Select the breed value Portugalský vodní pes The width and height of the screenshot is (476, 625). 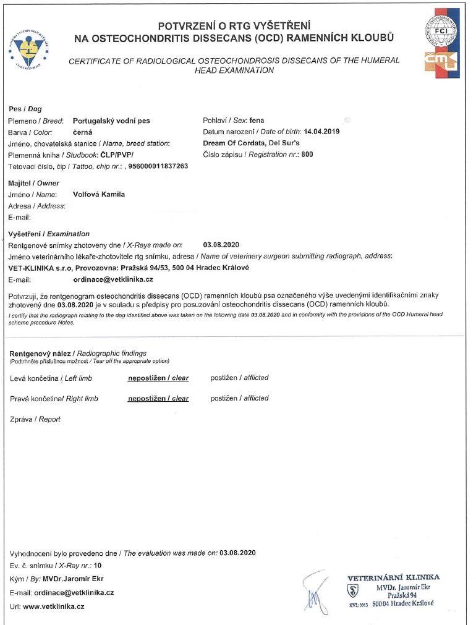coord(111,121)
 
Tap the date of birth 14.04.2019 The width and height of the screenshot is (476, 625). coord(322,132)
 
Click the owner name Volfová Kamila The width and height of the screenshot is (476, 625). coord(99,194)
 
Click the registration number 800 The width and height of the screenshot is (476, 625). coord(307,155)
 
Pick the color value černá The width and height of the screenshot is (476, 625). coord(83,132)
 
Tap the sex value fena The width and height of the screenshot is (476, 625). coord(256,121)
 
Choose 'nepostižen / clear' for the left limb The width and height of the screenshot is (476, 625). coord(158,378)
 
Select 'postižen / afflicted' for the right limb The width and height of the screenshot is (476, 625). coord(239,399)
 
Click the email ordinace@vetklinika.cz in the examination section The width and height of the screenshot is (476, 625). coord(117,280)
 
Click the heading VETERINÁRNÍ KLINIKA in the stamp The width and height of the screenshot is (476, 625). coord(393,577)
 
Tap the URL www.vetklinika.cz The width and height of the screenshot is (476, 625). coord(54,606)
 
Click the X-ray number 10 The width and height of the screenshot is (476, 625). coord(97,566)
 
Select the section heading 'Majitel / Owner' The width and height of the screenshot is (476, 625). coord(33,183)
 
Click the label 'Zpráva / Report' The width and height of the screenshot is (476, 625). coord(35,419)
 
